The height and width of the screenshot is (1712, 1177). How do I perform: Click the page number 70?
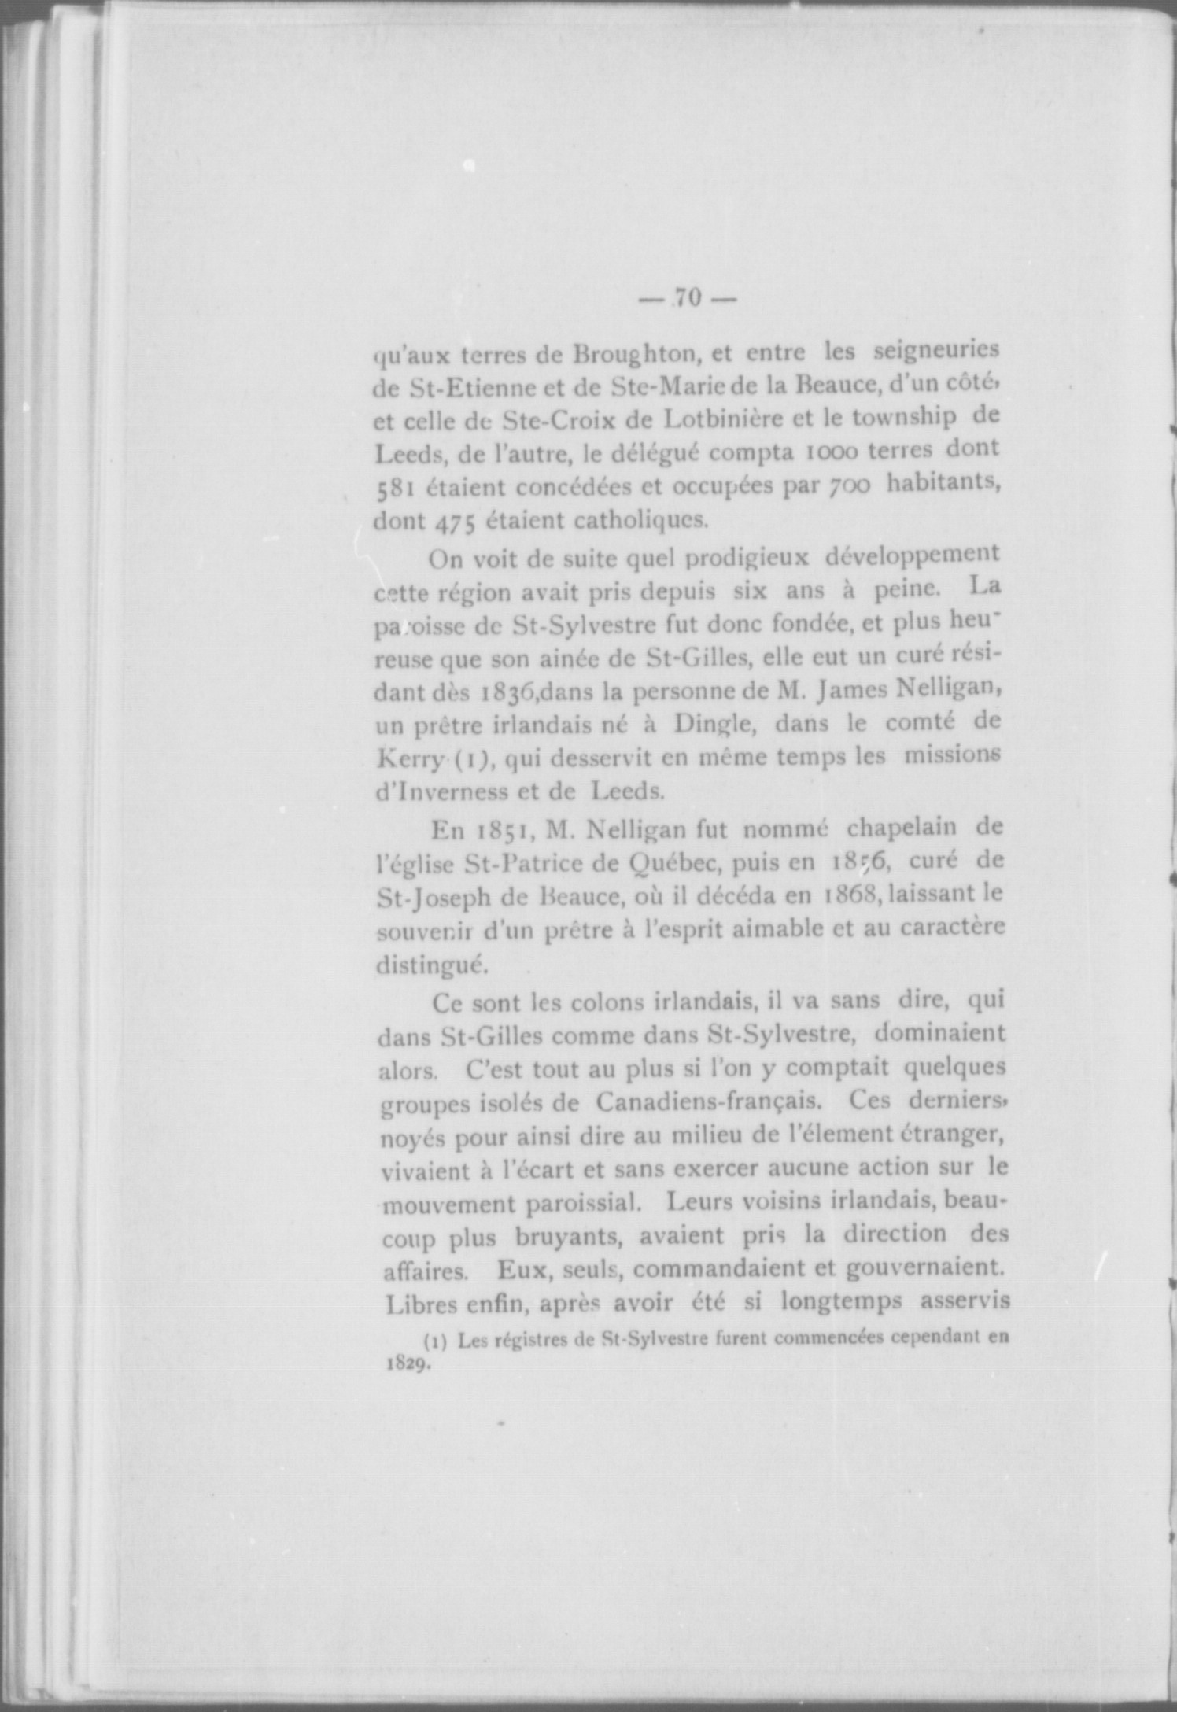[687, 298]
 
